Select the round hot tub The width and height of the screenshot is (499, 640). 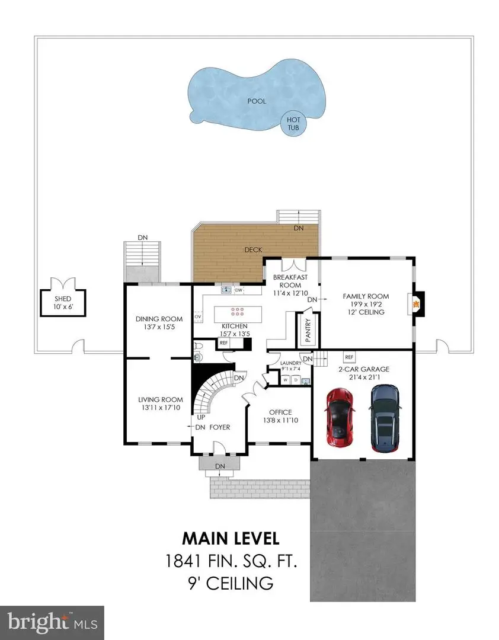click(293, 124)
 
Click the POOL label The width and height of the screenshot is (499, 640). click(257, 101)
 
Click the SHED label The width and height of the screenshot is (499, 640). click(63, 299)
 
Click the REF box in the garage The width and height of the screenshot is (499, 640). click(349, 358)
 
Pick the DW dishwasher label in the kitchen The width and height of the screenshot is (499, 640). click(239, 290)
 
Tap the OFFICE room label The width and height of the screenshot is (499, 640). click(281, 412)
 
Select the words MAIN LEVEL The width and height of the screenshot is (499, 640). click(230, 539)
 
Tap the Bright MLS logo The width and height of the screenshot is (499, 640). click(52, 623)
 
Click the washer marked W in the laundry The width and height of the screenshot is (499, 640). click(285, 380)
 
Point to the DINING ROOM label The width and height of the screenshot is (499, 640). click(154, 321)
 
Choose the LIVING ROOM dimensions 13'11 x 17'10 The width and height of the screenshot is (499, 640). click(156, 408)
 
